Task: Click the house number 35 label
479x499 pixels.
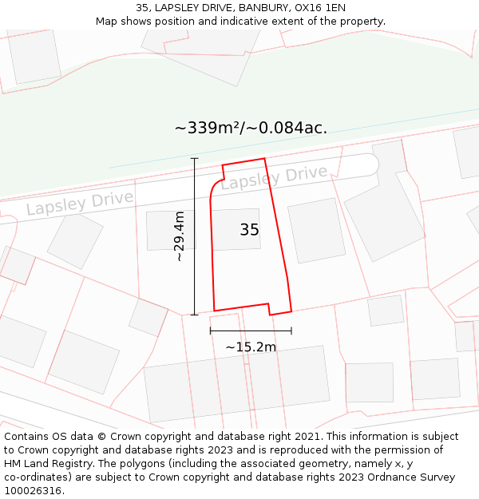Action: tap(249, 230)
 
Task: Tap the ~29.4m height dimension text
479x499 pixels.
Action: tap(180, 236)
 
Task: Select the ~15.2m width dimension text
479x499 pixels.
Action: tap(251, 347)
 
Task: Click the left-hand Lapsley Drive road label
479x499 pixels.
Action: tap(80, 202)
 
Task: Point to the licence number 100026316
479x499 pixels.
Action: tap(33, 491)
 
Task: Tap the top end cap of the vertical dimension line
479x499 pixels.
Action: tap(194, 158)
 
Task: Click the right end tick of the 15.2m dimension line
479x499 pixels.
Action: tap(291, 331)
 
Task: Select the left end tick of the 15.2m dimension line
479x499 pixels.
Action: tap(210, 331)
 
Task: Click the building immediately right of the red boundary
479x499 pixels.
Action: tap(316, 230)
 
